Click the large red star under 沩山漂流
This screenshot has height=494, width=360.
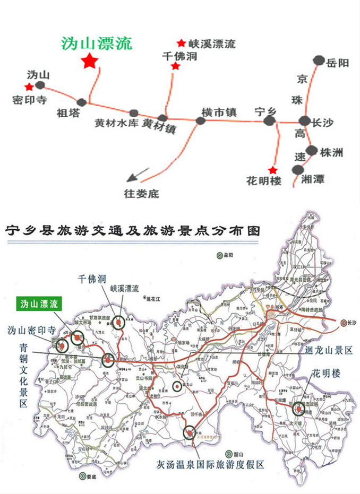(x=89, y=61)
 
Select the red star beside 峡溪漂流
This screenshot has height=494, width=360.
(x=182, y=43)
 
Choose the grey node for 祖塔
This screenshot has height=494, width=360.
(x=81, y=102)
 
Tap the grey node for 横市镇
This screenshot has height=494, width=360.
(x=201, y=120)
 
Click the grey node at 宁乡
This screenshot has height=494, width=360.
(x=270, y=122)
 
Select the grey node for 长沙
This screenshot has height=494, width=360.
(x=304, y=122)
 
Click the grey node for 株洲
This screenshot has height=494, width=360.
(x=312, y=150)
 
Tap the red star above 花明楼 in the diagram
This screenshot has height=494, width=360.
(x=272, y=170)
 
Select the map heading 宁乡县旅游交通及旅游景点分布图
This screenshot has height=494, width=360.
(x=133, y=232)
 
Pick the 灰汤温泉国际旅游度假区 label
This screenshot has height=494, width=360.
(x=210, y=465)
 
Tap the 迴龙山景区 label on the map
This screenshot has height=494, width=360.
(x=329, y=351)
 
